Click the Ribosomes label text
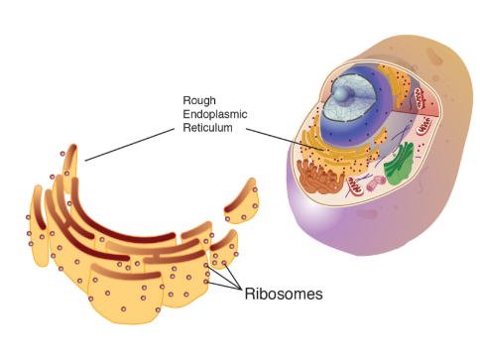click(x=284, y=295)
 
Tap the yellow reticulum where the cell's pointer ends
click(x=319, y=150)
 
